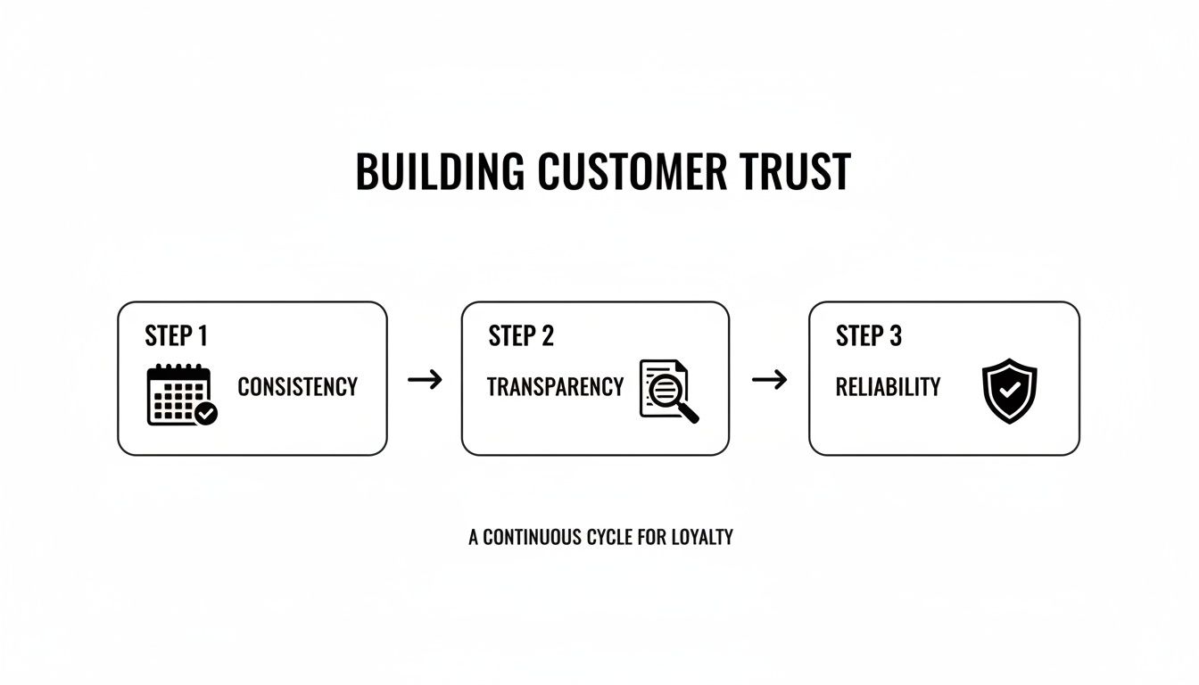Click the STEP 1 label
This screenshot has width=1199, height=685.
point(176,336)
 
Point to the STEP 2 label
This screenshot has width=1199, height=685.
point(521,336)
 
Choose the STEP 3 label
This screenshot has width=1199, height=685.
point(869,336)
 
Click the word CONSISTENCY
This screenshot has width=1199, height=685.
point(297,387)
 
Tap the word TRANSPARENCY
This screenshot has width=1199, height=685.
point(555,387)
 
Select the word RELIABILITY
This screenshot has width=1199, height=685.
point(888,387)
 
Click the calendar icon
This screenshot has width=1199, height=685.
point(178,393)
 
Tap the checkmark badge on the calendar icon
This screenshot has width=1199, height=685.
point(207,414)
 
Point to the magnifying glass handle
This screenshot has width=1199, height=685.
point(689,413)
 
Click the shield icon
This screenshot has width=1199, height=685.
point(1009,391)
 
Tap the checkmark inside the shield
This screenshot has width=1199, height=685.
point(1009,390)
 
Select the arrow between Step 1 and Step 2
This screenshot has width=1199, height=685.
point(425,380)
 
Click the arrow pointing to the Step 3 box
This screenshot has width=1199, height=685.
point(769,380)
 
